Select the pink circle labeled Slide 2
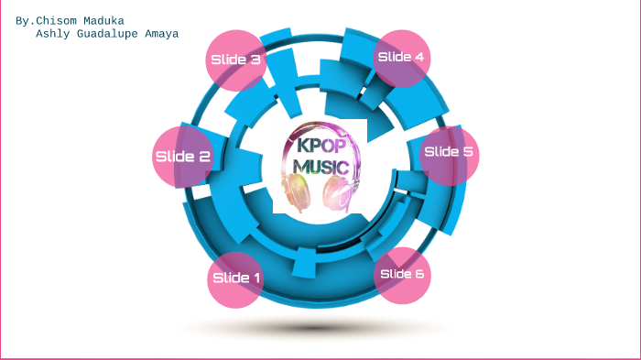pyautogui.click(x=182, y=156)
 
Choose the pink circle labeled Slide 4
pyautogui.click(x=401, y=58)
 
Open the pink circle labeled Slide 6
pyautogui.click(x=402, y=274)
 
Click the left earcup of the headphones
pyautogui.click(x=295, y=191)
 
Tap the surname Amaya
pyautogui.click(x=161, y=34)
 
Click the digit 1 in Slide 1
pyautogui.click(x=256, y=278)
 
